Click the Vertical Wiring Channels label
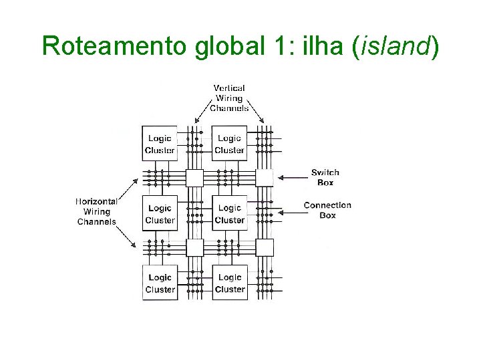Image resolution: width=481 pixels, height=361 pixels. coord(229,98)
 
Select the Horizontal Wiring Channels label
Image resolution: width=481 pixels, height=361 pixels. coord(97,211)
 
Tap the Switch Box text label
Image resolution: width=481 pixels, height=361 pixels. coord(325,177)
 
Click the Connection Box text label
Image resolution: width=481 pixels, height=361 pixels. coord(327,210)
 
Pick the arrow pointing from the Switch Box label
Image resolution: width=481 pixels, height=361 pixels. coord(291,178)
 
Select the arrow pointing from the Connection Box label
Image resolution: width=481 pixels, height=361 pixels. coord(291,213)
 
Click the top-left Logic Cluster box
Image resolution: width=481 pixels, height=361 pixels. coord(160,144)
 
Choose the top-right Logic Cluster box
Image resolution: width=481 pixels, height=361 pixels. coord(229,144)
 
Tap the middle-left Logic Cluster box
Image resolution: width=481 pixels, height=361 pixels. coord(160,213)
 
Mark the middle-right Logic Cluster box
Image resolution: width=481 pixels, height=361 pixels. coord(229,213)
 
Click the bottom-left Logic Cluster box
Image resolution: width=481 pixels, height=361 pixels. coord(160,283)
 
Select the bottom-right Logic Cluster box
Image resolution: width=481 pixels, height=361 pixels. coord(229,283)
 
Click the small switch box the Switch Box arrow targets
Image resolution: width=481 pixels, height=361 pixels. coord(265,178)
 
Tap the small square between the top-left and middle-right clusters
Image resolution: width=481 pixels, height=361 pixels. coord(194,178)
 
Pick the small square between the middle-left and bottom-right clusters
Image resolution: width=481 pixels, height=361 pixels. coord(194,247)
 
